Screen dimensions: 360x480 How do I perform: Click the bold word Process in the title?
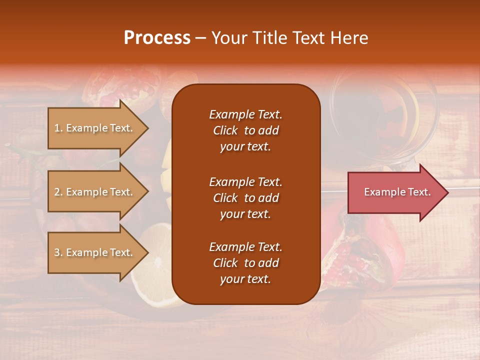click(x=157, y=38)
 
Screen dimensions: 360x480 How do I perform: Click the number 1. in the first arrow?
click(x=58, y=128)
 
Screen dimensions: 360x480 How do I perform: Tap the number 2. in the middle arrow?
click(x=58, y=192)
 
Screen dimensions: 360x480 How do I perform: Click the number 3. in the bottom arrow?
click(x=58, y=252)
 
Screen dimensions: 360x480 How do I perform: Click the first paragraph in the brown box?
click(x=245, y=130)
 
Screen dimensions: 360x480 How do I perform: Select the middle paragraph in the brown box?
click(x=245, y=198)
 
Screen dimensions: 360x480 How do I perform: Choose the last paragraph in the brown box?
click(x=245, y=263)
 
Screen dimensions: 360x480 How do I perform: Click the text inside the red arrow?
click(x=397, y=192)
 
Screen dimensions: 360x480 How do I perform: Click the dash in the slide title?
click(x=201, y=38)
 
